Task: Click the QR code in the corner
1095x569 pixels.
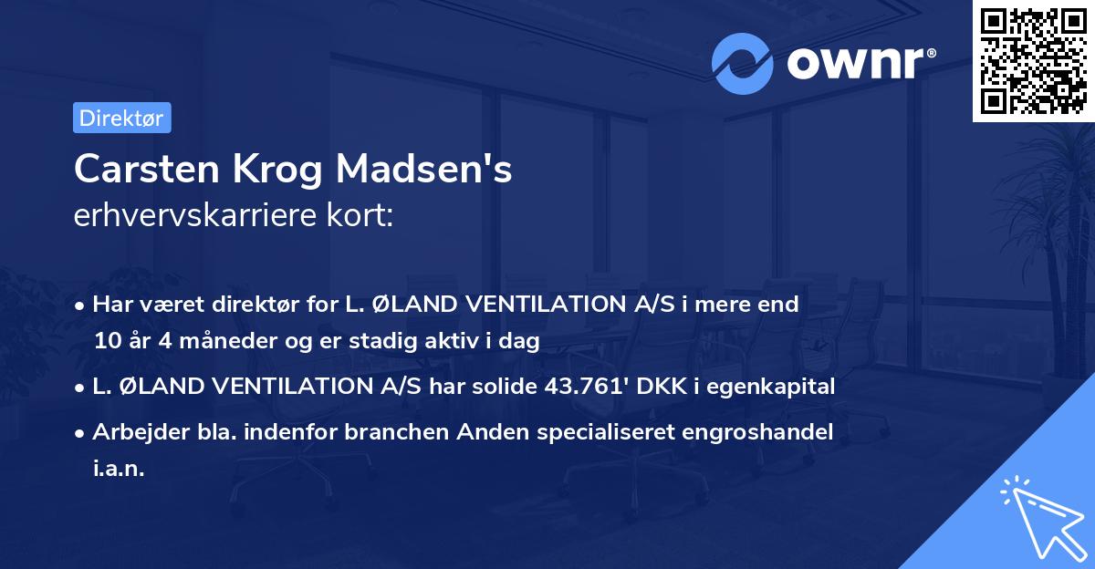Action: (x=1032, y=61)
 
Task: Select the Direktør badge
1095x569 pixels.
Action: (x=121, y=118)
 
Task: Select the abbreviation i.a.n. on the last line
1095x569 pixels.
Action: (x=119, y=469)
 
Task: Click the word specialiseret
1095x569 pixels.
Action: (x=603, y=431)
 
